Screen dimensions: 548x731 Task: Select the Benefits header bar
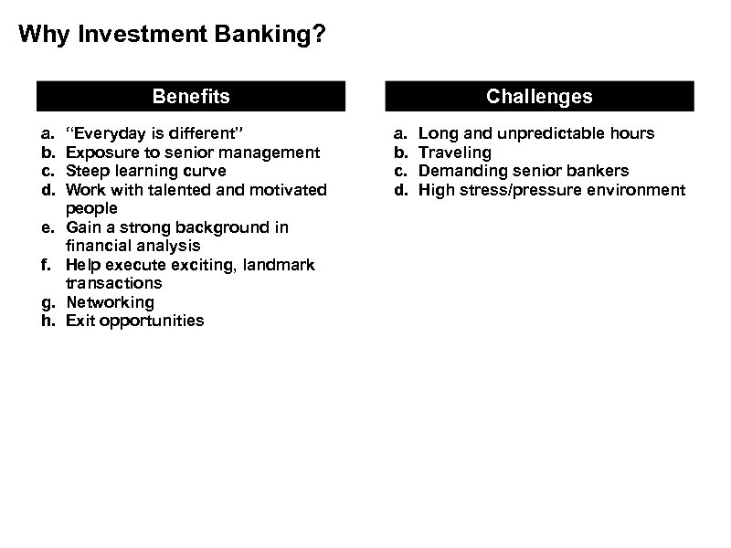click(x=191, y=96)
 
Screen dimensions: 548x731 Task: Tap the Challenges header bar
click(x=539, y=96)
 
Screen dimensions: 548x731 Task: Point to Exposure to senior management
click(x=193, y=153)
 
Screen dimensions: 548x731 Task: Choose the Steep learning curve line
click(x=146, y=171)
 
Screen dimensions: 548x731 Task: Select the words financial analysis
click(x=132, y=246)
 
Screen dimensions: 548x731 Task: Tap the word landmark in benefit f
click(x=281, y=265)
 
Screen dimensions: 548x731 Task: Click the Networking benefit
click(x=110, y=302)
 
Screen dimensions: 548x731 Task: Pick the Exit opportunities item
click(x=135, y=321)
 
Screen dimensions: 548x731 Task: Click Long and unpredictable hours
click(x=536, y=133)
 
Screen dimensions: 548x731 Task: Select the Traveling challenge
click(x=454, y=153)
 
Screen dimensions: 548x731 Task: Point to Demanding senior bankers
click(x=524, y=171)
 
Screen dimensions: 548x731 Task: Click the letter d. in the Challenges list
click(x=400, y=190)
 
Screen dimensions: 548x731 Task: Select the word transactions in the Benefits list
click(x=113, y=283)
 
